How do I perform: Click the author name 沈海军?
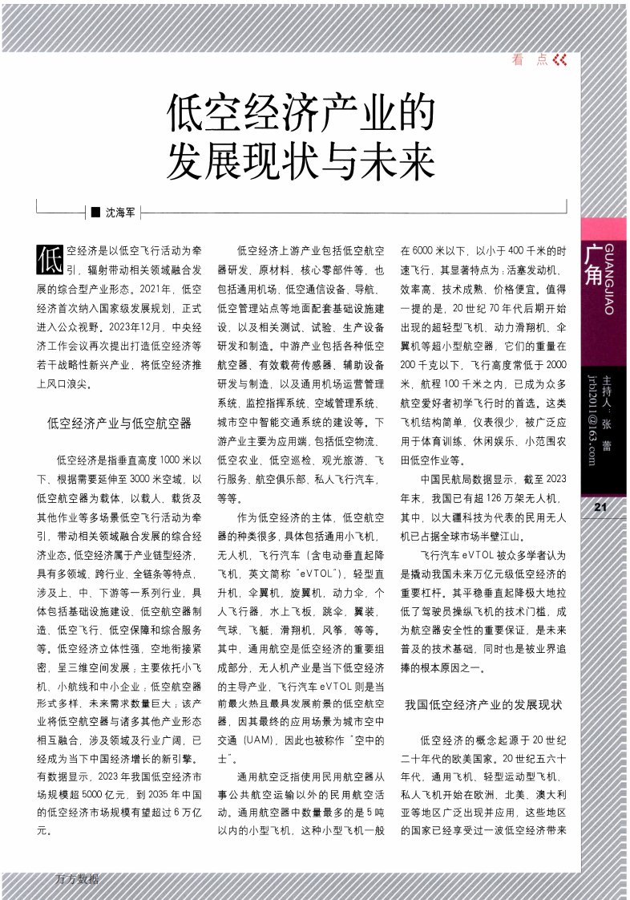(x=121, y=213)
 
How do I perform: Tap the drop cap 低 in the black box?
(x=50, y=259)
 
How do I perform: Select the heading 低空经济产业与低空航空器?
(x=119, y=422)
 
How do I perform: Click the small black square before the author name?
(x=95, y=213)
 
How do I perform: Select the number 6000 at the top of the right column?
(x=426, y=251)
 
